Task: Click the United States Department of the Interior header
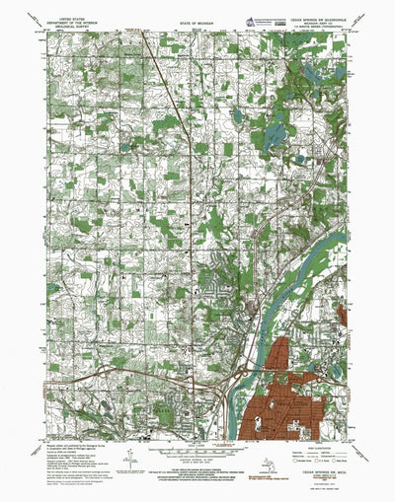point(67,23)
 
